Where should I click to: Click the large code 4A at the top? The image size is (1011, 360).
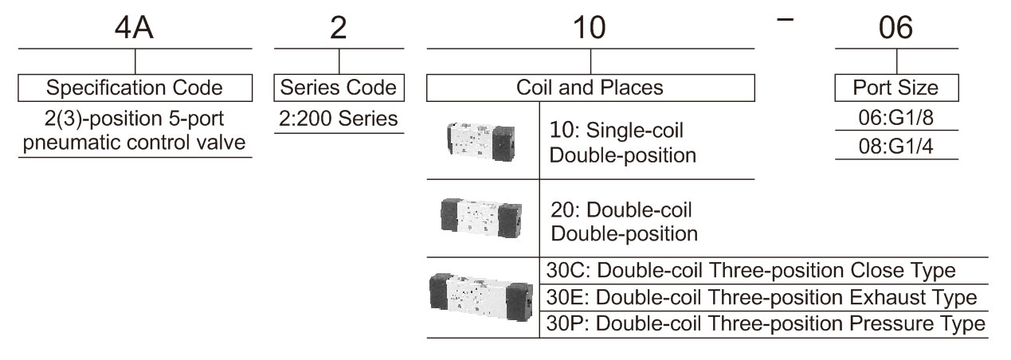coord(134,28)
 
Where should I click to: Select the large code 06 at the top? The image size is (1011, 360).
coord(896,28)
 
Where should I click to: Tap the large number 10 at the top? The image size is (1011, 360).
coord(589,28)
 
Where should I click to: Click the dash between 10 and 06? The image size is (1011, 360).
coord(786,19)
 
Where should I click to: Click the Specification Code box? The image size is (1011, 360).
coord(135,88)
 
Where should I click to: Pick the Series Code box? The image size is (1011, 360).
coord(339,88)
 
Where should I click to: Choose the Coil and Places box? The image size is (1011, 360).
coord(590,88)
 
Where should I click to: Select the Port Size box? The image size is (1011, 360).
coord(896,88)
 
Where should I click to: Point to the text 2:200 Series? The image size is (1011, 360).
coord(338,119)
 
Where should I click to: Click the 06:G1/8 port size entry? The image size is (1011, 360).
coord(896,118)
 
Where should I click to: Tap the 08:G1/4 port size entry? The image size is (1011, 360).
coord(896,147)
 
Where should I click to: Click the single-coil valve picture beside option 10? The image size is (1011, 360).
coord(480,141)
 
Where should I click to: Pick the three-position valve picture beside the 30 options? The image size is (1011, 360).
coord(481,297)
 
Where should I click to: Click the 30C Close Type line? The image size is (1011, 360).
coord(750,271)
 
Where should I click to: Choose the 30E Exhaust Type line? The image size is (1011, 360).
coord(762,297)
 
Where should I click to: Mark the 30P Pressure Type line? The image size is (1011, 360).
coord(766,323)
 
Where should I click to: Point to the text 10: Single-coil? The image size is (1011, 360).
coord(616,131)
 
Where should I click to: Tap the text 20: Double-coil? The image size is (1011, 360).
coord(621,210)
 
